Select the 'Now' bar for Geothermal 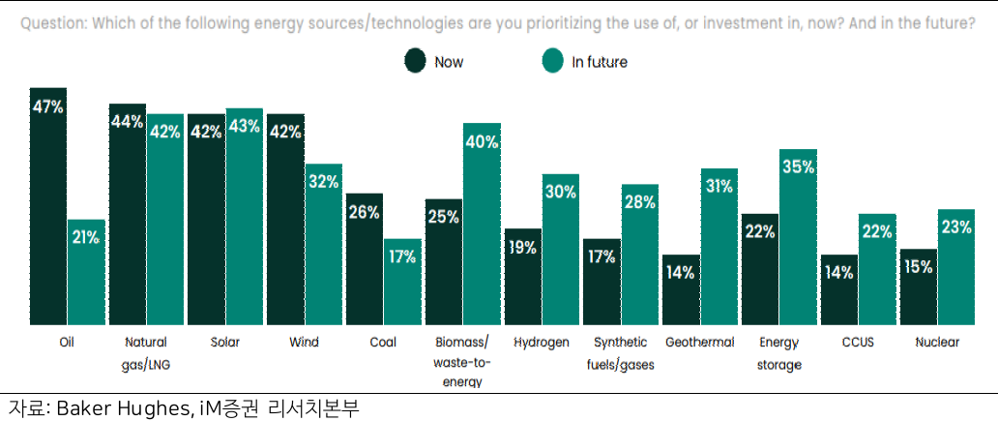point(680,289)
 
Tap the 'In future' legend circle point(553,62)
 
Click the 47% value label point(47,107)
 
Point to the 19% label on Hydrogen point(521,247)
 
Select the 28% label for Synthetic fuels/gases point(640,202)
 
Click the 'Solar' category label point(224,342)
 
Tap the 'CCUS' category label point(838,342)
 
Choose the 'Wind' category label point(304,342)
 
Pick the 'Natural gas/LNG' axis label point(146,352)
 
